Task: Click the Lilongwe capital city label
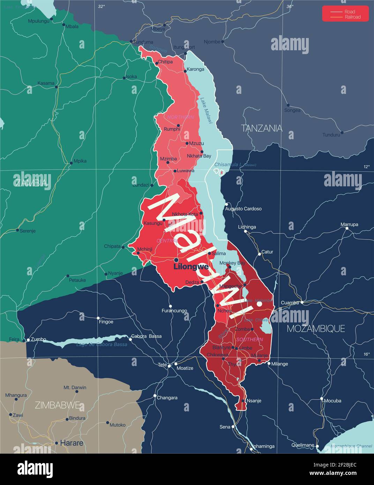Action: tap(191, 267)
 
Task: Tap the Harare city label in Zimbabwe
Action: tap(72, 443)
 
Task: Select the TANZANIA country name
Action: tap(262, 128)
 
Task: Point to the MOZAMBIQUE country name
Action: tap(316, 328)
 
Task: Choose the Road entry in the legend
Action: tap(350, 12)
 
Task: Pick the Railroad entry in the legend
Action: tap(352, 17)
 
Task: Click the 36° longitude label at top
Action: tap(290, 6)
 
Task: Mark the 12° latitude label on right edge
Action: tap(366, 167)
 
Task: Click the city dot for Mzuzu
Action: tap(187, 143)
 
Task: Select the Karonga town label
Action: tap(195, 69)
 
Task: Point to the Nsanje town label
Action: tap(254, 401)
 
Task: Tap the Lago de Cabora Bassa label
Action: tap(102, 344)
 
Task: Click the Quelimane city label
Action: tap(303, 445)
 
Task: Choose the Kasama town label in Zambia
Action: tap(46, 83)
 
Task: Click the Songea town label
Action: tap(292, 110)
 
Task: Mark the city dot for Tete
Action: tap(169, 366)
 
